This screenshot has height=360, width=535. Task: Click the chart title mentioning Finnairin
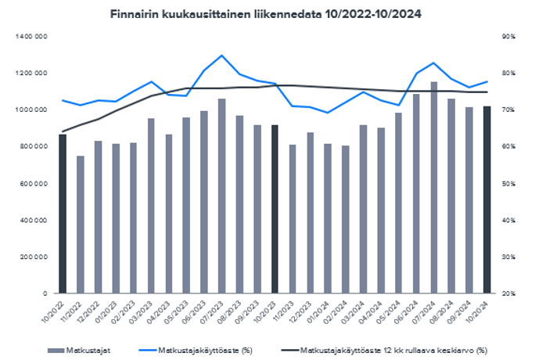click(x=267, y=13)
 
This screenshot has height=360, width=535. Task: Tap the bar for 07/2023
click(x=221, y=196)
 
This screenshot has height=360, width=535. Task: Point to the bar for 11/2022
click(x=81, y=225)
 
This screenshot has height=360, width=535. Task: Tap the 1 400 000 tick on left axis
click(x=34, y=37)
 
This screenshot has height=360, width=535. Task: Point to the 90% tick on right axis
click(x=507, y=37)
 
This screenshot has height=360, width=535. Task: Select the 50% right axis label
click(x=507, y=183)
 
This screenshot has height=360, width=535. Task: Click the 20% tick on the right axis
click(x=507, y=293)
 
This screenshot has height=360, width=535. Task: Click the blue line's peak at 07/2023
click(x=221, y=56)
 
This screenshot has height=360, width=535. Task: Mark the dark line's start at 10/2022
click(x=63, y=131)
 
